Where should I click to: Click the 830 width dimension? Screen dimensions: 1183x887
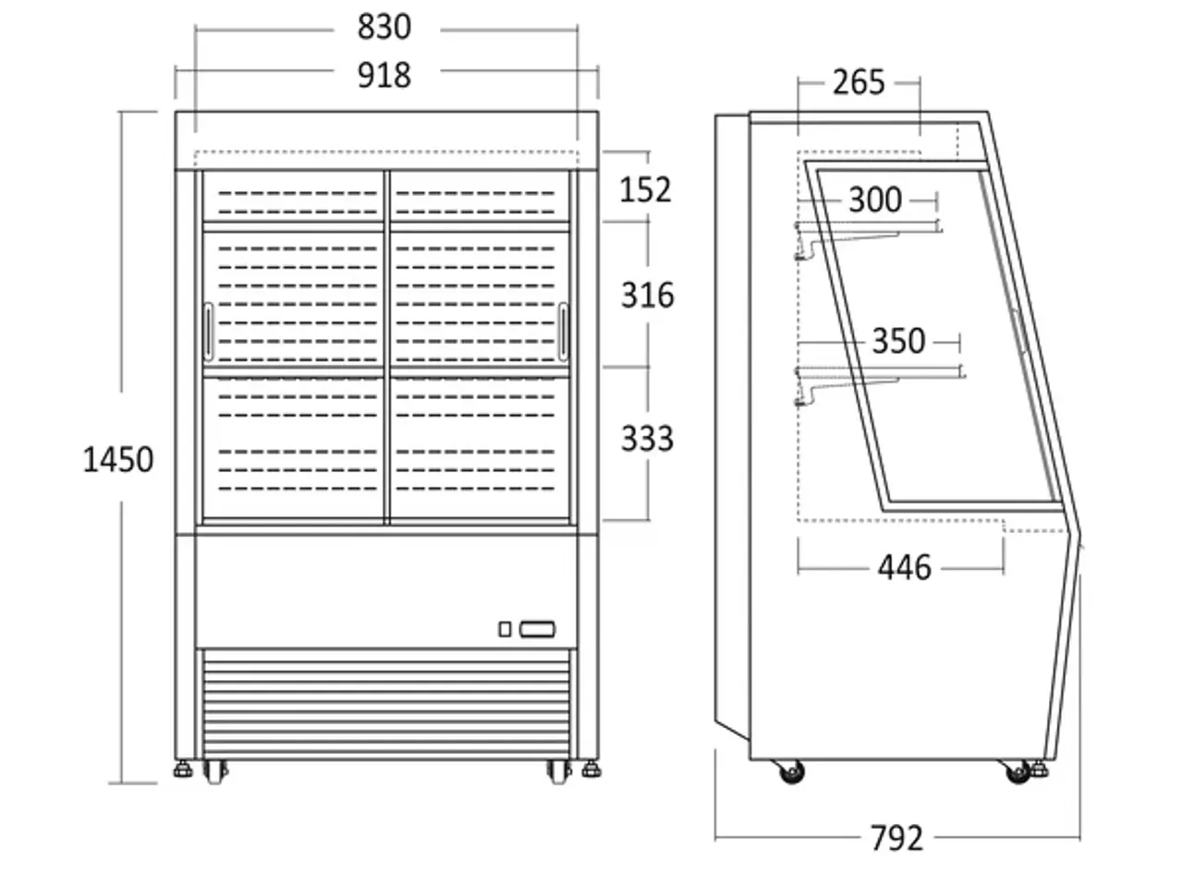pos(384,27)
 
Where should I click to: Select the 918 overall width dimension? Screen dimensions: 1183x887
pos(384,76)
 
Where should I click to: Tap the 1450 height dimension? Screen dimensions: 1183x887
pos(118,460)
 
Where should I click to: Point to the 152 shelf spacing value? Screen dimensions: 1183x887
pos(646,190)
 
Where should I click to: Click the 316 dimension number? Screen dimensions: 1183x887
pos(647,295)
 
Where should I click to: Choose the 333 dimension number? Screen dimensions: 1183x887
pos(647,438)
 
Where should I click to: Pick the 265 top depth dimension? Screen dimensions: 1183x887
pos(859,82)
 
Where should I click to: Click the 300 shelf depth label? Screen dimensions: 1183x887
pos(875,200)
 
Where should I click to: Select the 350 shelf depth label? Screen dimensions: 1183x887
pos(898,341)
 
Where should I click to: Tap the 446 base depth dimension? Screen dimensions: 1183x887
pos(905,567)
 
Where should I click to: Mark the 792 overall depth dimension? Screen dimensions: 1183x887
pos(896,839)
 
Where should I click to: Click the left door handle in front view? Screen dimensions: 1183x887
pos(209,332)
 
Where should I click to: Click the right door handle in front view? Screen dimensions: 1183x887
pos(563,332)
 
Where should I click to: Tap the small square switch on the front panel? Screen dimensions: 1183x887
pos(505,629)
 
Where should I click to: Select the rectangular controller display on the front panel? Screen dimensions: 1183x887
pos(537,629)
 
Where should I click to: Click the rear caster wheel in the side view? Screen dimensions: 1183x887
pos(792,772)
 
